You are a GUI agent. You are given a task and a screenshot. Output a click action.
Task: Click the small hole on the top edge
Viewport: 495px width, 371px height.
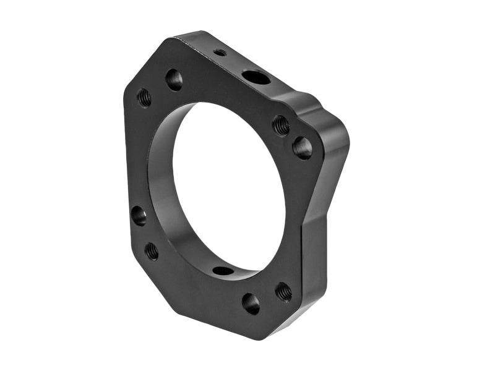point(220,53)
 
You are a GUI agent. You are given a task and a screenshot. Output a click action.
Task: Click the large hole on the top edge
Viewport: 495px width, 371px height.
point(256,77)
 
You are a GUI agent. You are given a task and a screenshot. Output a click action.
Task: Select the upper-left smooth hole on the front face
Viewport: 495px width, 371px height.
point(174,79)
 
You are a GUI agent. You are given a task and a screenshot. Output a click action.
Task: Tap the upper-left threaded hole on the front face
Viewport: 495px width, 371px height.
point(144,97)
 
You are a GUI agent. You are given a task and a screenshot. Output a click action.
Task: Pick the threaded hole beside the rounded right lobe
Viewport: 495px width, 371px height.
point(281,125)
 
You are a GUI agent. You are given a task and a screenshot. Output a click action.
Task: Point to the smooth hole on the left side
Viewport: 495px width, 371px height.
point(139,215)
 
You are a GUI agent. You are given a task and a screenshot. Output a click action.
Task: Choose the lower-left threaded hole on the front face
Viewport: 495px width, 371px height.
point(152,250)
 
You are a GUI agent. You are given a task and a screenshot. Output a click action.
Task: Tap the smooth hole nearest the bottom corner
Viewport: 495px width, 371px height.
point(251,303)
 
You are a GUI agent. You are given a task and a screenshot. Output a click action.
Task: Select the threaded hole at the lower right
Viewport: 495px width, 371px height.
point(283,291)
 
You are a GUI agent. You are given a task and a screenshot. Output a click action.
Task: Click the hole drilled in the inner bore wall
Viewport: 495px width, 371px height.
point(223,270)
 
